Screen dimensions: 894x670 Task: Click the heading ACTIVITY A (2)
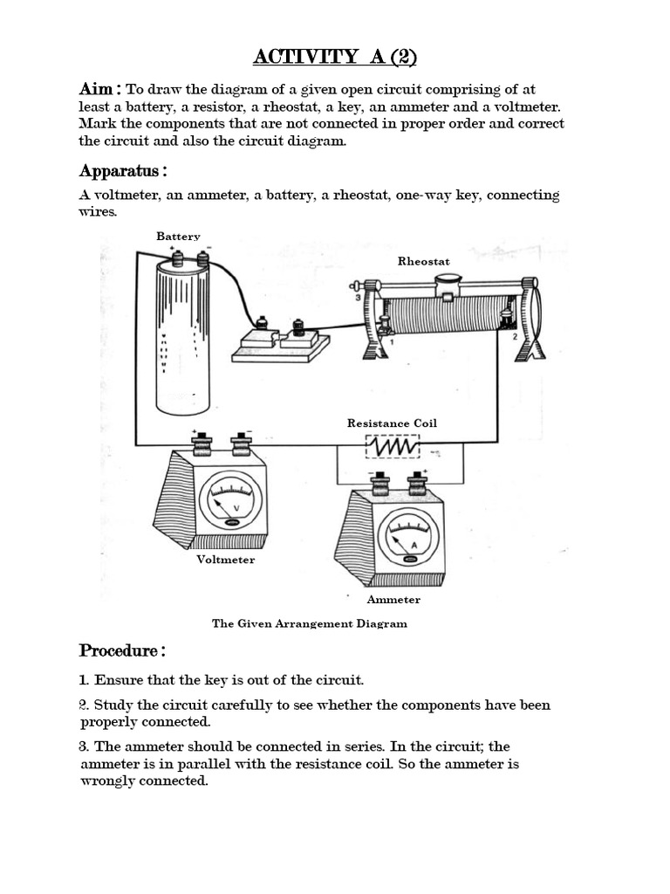335,58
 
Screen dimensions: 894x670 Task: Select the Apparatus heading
122,169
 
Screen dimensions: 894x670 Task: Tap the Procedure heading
122,650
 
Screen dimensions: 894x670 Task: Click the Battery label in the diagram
178,237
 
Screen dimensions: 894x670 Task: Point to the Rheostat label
424,261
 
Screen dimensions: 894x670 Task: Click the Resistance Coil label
392,423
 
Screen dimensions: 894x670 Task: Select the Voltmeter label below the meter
225,560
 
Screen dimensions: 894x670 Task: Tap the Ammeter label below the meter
393,600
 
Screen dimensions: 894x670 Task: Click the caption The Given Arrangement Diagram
310,623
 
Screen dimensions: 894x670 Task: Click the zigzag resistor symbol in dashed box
393,447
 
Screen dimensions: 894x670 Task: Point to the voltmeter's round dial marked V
230,502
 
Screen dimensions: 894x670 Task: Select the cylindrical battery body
182,340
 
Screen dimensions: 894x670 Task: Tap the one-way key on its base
279,342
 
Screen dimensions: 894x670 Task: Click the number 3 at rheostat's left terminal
358,298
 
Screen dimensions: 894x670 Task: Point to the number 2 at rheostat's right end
515,336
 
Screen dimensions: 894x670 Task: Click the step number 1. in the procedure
85,679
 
